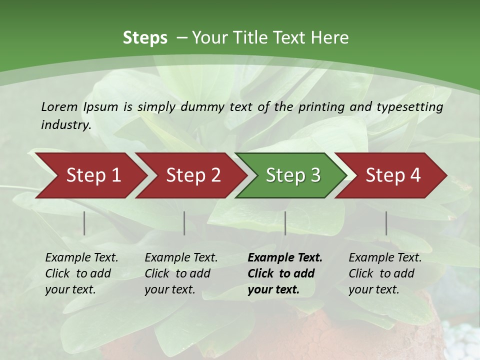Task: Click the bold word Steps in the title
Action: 145,38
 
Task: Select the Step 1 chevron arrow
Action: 93,175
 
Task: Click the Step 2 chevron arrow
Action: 193,175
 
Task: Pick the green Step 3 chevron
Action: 292,175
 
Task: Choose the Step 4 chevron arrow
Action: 393,175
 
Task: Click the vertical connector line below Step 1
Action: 84,223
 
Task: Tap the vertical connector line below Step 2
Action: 184,223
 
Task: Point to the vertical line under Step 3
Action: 285,223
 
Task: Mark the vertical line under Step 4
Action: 386,223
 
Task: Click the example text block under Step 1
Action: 81,273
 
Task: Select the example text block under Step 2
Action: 181,273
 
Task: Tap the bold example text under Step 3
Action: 285,273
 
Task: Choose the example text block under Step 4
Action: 385,273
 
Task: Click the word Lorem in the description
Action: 59,107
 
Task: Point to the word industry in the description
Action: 65,125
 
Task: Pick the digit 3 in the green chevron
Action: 315,175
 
